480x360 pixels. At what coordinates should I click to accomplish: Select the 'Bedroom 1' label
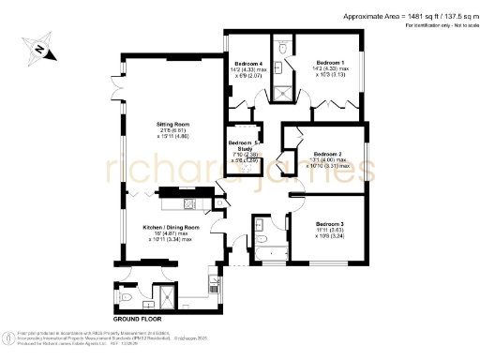point(331,63)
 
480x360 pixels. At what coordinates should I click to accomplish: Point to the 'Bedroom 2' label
point(327,153)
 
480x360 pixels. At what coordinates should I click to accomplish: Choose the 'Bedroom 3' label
point(330,224)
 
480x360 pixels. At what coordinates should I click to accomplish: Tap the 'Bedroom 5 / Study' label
point(246,146)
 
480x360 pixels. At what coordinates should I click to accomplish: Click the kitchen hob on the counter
point(187,203)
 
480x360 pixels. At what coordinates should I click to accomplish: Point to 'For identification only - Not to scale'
point(438,26)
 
